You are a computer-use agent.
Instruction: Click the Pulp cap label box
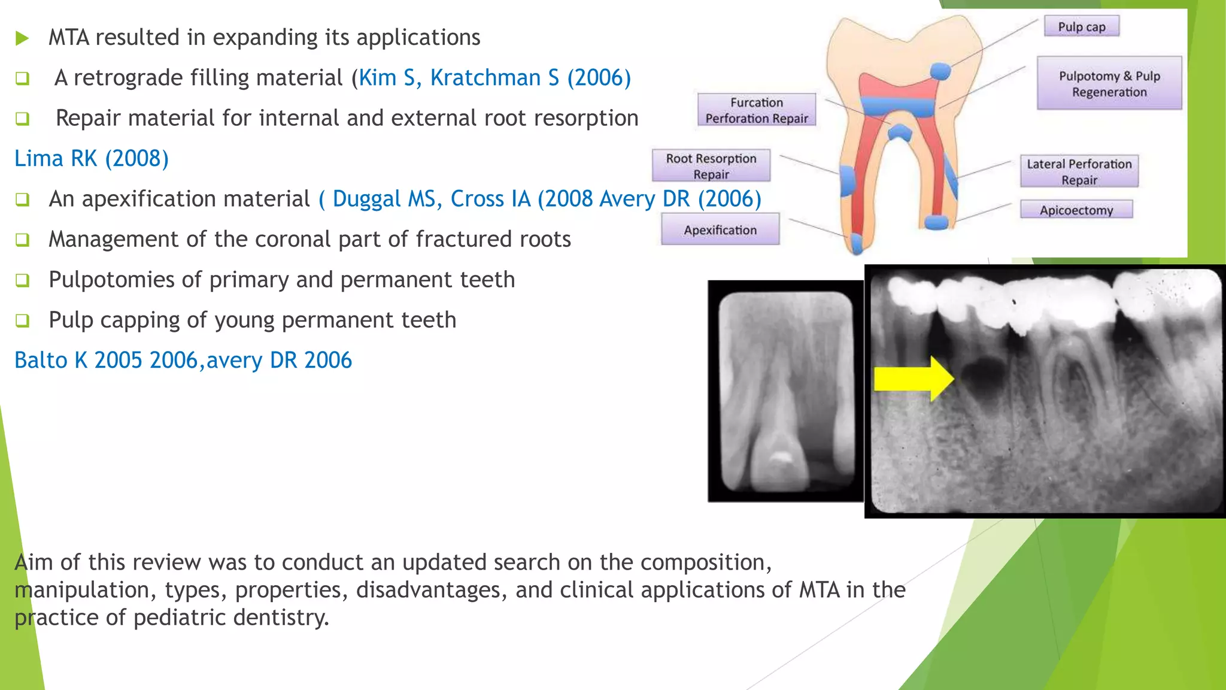point(1081,26)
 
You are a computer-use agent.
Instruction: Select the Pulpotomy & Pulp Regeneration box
point(1109,84)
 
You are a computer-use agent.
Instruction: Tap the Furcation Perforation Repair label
point(756,110)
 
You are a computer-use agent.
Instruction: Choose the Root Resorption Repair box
point(711,166)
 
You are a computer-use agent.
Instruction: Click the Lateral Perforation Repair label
point(1079,171)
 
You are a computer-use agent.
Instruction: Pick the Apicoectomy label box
point(1076,210)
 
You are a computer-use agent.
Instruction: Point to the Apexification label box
point(720,229)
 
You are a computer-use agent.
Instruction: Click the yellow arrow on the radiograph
point(912,379)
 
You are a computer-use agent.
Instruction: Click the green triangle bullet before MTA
point(22,38)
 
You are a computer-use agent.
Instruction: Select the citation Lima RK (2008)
point(92,159)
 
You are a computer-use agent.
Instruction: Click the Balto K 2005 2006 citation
point(106,360)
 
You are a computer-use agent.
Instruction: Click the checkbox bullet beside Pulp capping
point(22,320)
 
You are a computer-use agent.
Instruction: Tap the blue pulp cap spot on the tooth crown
point(940,71)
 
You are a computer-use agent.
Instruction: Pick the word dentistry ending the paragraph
point(281,618)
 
